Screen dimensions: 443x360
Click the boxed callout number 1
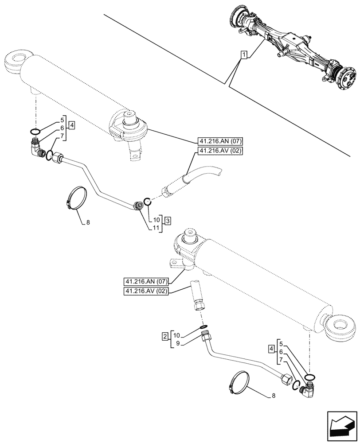pyautogui.click(x=244, y=55)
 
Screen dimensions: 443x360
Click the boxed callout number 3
pyautogui.click(x=167, y=220)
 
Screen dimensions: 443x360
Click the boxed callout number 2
pyautogui.click(x=165, y=337)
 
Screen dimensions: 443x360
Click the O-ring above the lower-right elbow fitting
pyautogui.click(x=310, y=376)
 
